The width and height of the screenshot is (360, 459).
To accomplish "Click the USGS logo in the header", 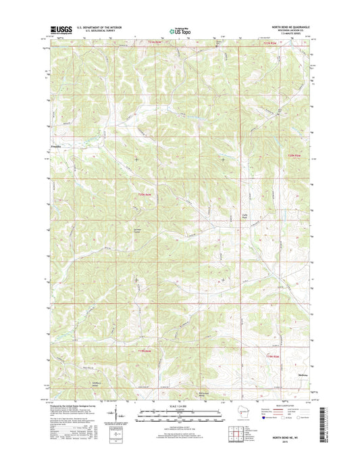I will tap(59, 30).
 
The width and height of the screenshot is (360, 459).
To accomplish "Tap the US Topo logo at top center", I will tap(180, 30).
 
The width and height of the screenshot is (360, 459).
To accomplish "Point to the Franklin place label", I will tap(53, 147).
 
